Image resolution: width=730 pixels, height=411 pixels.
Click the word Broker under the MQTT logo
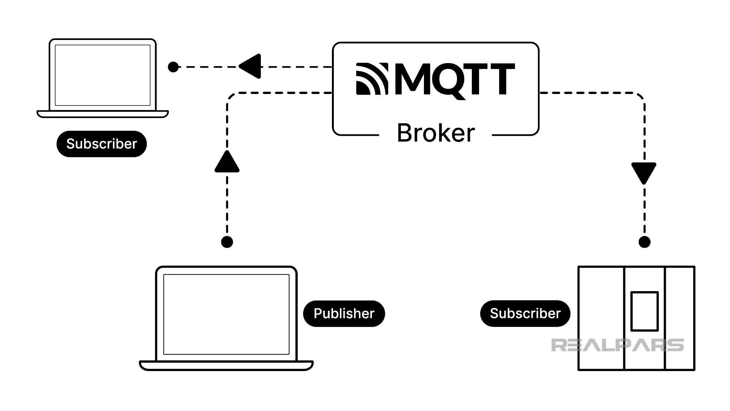436,133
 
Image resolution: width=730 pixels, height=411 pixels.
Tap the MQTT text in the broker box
455,79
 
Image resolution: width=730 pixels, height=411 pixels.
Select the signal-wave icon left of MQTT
372,79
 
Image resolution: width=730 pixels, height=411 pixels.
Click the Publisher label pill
344,314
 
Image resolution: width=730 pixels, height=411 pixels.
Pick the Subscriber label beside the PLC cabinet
525,314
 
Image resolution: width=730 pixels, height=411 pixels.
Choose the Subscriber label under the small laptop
102,144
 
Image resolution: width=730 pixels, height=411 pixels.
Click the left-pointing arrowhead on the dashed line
251,67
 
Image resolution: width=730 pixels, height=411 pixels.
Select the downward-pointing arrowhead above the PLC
644,172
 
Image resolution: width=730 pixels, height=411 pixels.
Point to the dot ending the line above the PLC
644,242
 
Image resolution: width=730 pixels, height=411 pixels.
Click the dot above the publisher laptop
227,242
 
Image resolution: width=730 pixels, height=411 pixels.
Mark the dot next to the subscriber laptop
173,67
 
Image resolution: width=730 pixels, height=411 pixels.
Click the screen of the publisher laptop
226,314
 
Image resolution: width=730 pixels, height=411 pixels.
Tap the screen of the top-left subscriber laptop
103,75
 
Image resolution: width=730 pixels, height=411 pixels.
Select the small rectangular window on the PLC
644,311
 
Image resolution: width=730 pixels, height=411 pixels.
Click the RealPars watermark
617,345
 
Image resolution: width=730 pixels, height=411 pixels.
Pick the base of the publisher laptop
226,366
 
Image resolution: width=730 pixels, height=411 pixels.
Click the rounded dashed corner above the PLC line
640,97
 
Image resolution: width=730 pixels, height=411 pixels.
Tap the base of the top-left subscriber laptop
103,114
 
